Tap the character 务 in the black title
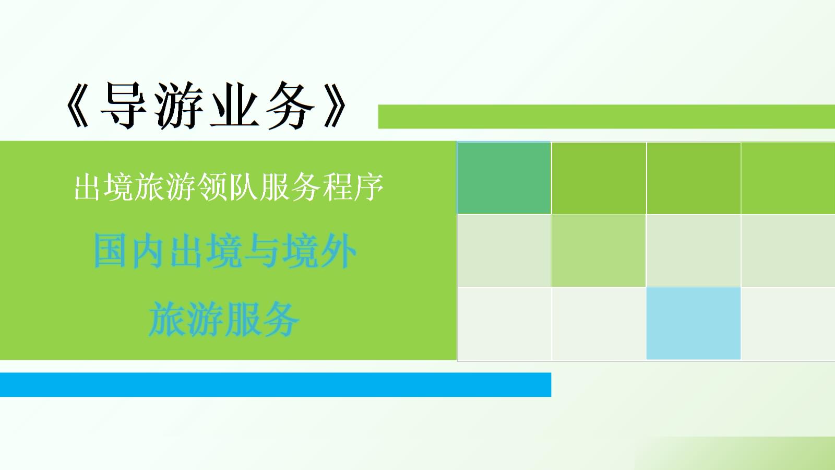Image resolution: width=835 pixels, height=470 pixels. [x=290, y=106]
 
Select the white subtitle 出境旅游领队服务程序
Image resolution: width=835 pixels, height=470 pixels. [x=228, y=187]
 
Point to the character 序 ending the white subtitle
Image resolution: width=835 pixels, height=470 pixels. [x=368, y=187]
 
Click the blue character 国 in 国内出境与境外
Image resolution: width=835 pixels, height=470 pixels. [x=111, y=251]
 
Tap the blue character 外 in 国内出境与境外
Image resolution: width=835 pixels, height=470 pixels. [x=338, y=251]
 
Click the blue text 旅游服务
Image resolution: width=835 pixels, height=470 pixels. [x=224, y=320]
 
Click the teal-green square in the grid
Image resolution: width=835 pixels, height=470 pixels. [x=504, y=178]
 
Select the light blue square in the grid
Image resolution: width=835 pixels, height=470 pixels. [x=693, y=323]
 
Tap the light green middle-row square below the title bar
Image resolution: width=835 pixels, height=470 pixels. [x=599, y=251]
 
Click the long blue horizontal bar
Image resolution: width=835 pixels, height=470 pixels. [x=275, y=384]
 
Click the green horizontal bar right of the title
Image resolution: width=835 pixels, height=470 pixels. [x=605, y=116]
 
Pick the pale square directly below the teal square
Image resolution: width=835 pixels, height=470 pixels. [x=504, y=251]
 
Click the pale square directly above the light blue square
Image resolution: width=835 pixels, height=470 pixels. [x=693, y=251]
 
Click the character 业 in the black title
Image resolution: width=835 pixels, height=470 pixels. [x=235, y=106]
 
